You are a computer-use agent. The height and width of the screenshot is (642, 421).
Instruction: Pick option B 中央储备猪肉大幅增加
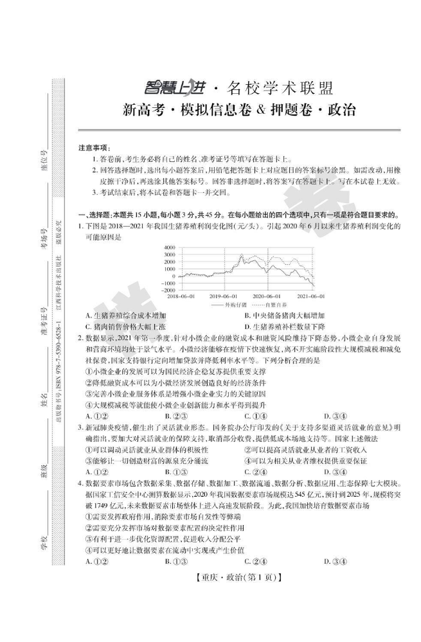[285, 316]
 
